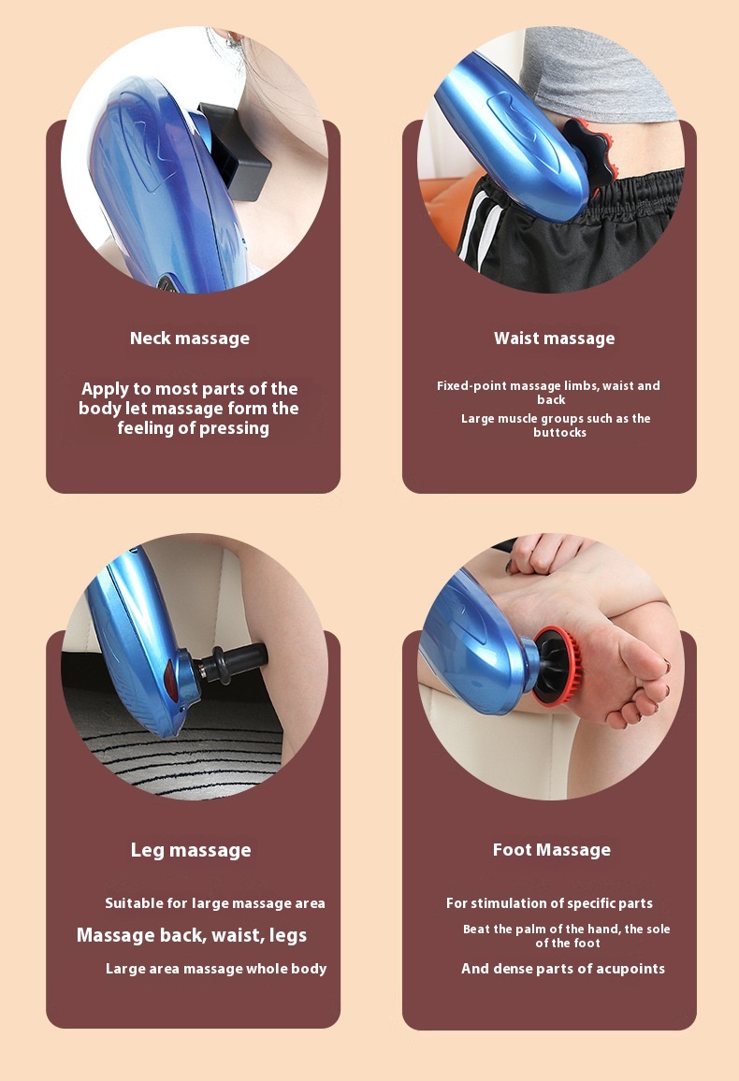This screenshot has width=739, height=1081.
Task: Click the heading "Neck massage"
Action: [x=190, y=339]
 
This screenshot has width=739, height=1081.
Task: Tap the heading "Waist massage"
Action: [x=555, y=339]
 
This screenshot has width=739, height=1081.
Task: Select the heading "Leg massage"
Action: [x=191, y=850]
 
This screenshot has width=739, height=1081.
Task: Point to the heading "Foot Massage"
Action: [x=552, y=850]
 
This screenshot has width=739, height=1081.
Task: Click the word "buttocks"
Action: [x=559, y=433]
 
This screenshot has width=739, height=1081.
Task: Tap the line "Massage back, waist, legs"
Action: [x=192, y=935]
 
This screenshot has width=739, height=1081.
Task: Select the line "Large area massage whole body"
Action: [x=216, y=969]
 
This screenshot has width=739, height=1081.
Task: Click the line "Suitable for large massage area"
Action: [x=215, y=903]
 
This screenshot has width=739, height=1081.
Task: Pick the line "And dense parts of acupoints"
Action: [x=563, y=969]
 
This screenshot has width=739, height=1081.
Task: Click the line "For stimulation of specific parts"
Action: [x=549, y=903]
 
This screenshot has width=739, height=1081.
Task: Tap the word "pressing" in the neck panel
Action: [x=233, y=428]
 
